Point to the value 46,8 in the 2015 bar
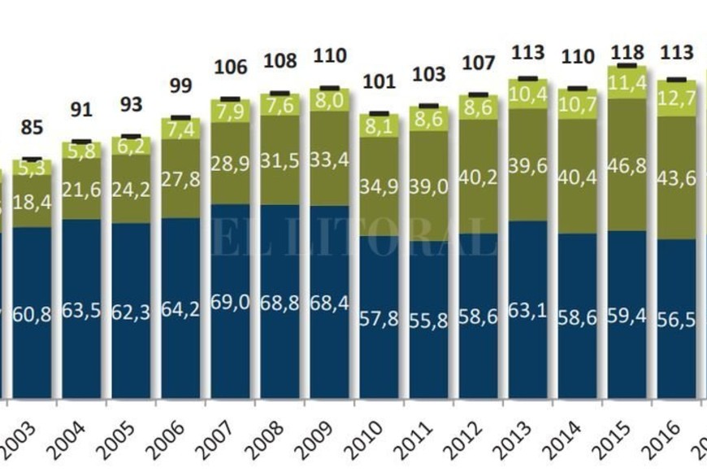pos(627,177)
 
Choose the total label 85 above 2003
pos(33,129)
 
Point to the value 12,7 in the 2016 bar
pos(678,100)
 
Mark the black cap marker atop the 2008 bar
pos(279,94)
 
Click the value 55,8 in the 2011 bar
pos(428,321)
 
